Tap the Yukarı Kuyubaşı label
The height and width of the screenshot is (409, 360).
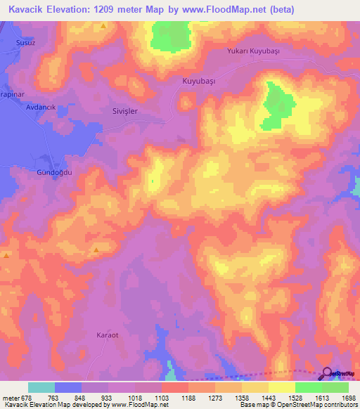(254, 51)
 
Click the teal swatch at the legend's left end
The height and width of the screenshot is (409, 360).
(41, 387)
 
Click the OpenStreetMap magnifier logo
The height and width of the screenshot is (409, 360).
(328, 375)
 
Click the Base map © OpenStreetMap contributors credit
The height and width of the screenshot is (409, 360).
(299, 405)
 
